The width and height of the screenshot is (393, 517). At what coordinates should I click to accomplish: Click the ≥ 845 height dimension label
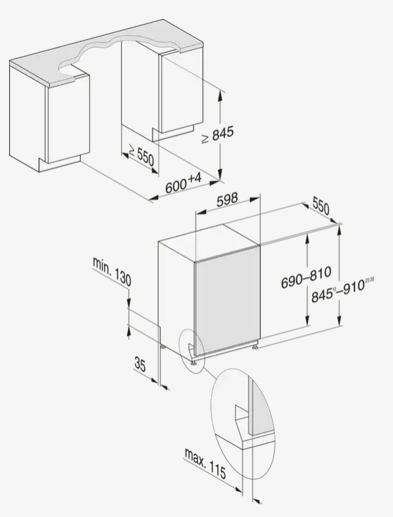pyautogui.click(x=217, y=134)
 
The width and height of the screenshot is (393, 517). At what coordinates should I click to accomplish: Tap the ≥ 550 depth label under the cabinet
pyautogui.click(x=141, y=155)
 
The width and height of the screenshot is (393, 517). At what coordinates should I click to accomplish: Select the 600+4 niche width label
pyautogui.click(x=183, y=183)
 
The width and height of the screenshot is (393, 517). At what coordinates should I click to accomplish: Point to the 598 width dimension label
pyautogui.click(x=227, y=199)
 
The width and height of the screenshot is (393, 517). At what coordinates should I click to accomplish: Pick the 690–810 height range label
pyautogui.click(x=306, y=277)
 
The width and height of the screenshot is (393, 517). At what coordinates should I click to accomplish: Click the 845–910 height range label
pyautogui.click(x=343, y=291)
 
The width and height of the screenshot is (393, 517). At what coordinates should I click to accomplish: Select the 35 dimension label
pyautogui.click(x=140, y=365)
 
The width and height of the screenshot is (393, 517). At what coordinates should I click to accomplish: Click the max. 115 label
pyautogui.click(x=205, y=463)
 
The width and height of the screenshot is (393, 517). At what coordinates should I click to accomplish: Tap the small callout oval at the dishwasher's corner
pyautogui.click(x=192, y=351)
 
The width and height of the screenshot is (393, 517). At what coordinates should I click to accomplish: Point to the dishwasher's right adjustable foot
pyautogui.click(x=255, y=346)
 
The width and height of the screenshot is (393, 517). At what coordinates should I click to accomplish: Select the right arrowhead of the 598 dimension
pyautogui.click(x=255, y=199)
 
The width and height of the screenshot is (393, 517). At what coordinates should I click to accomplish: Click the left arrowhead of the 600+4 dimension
pyautogui.click(x=153, y=198)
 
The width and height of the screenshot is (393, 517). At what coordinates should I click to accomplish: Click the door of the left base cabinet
pyautogui.click(x=69, y=119)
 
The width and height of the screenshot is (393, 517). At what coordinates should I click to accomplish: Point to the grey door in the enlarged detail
pyautogui.click(x=262, y=405)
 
